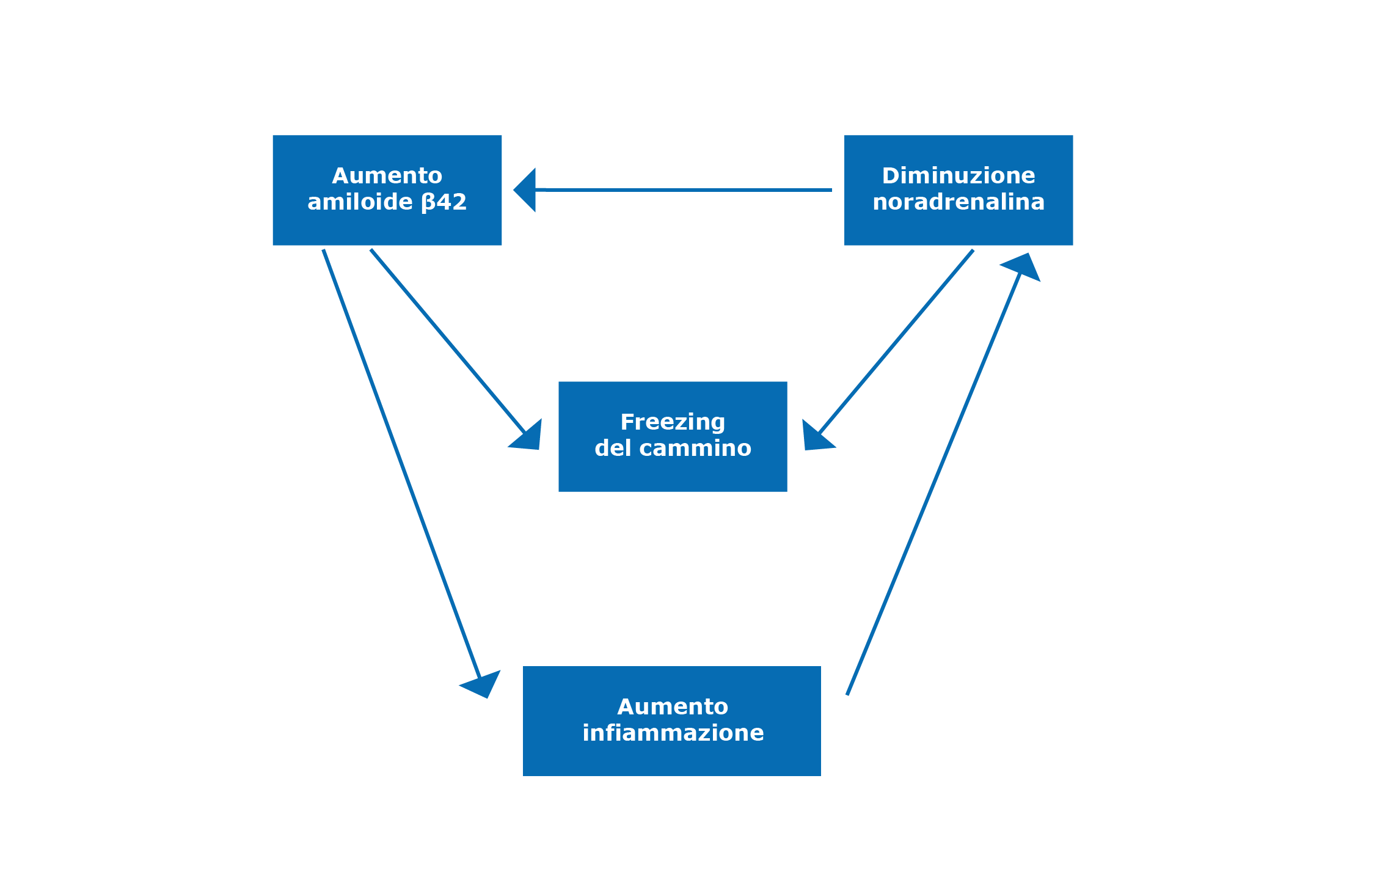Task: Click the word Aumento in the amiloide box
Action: (387, 176)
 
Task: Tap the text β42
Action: (444, 202)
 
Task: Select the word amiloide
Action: (360, 202)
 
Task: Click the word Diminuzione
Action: (958, 176)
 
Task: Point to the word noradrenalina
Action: (958, 202)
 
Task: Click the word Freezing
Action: (673, 422)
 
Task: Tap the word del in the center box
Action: (612, 449)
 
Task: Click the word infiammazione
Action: (673, 733)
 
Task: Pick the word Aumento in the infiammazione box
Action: (673, 707)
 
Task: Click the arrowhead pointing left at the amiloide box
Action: (527, 190)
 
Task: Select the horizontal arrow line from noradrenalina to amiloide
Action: (684, 190)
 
